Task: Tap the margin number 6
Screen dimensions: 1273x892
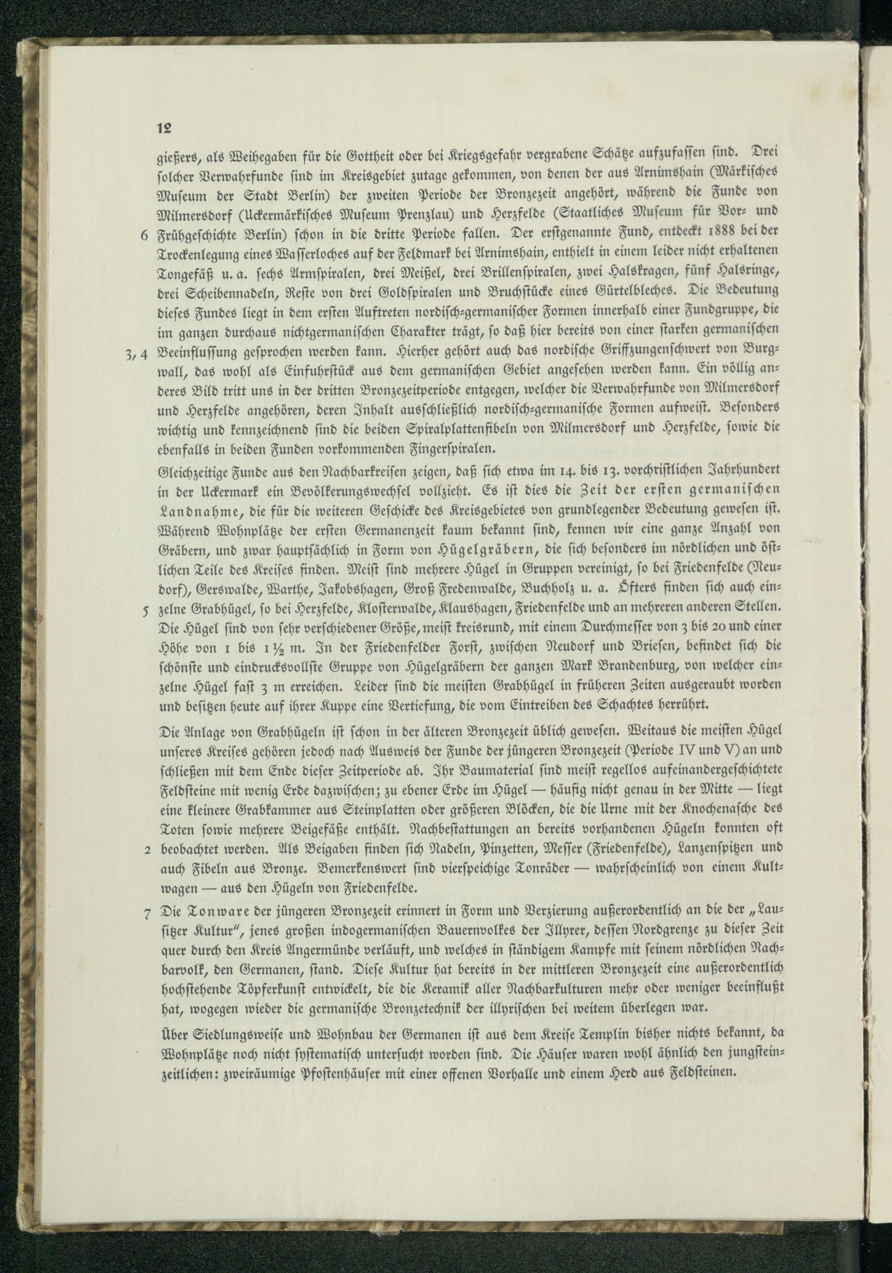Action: [145, 235]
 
